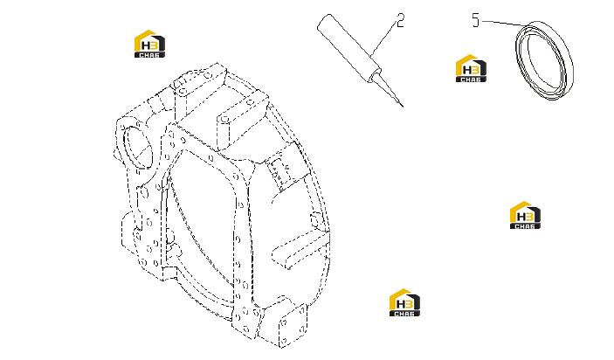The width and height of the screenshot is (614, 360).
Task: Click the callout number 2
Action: (400, 20)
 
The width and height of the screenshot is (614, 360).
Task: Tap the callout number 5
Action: (475, 20)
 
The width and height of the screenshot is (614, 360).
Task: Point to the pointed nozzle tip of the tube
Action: (402, 105)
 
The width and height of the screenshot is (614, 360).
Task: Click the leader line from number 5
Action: (504, 23)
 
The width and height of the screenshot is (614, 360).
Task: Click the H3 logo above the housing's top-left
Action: (149, 44)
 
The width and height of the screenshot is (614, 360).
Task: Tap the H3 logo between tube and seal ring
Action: (471, 68)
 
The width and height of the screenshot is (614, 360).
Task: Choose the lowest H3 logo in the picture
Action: (404, 302)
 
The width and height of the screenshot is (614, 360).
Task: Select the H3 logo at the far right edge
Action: (525, 215)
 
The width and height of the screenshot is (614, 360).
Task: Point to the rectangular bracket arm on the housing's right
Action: (300, 249)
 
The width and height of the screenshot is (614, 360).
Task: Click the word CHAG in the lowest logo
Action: (404, 314)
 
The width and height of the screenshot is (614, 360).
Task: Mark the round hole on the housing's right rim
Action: (315, 219)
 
